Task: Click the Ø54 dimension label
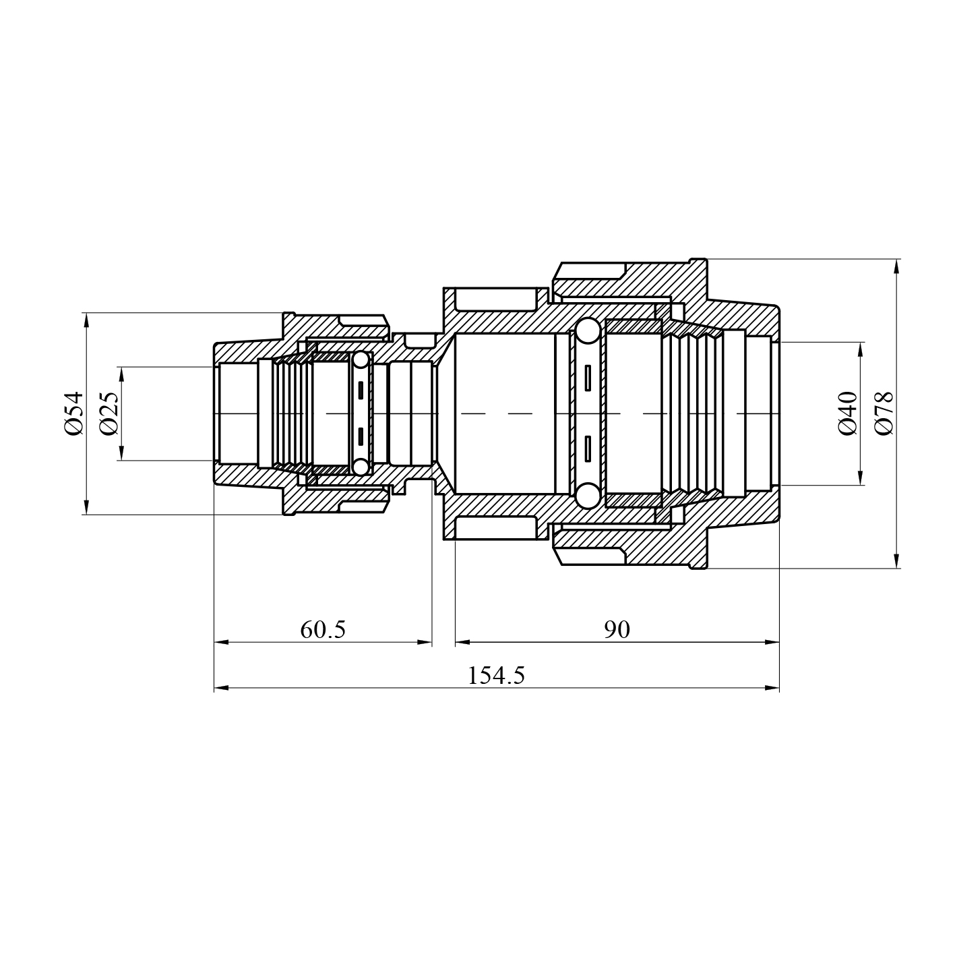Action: tap(74, 413)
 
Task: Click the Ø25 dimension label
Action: tap(109, 413)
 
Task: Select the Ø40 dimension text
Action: tap(847, 413)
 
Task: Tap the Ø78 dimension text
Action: tap(884, 413)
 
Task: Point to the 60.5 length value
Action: tap(323, 629)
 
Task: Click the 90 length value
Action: tap(617, 629)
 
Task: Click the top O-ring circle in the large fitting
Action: tap(588, 331)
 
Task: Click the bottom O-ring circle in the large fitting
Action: tap(588, 495)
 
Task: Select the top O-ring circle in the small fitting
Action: tap(361, 359)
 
